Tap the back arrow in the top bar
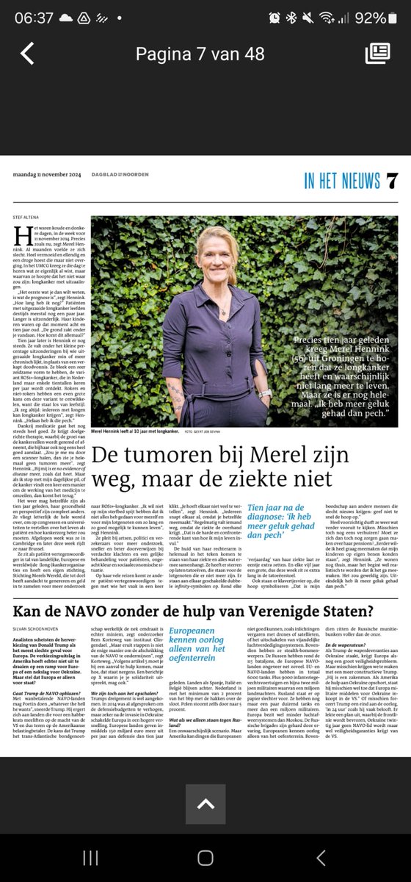27,54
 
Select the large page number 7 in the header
392,179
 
